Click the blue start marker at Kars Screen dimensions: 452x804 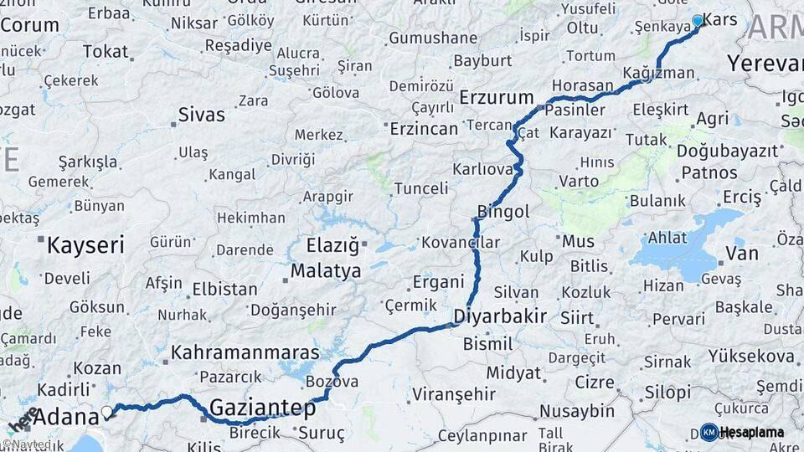(x=698, y=21)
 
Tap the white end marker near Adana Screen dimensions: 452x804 (x=107, y=412)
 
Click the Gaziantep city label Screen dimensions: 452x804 (x=262, y=408)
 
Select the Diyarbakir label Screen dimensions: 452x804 (x=500, y=316)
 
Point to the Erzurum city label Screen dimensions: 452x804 (x=497, y=97)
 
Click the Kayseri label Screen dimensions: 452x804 (x=85, y=245)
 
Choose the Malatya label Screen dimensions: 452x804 (x=326, y=270)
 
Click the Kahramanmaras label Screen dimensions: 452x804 (x=246, y=353)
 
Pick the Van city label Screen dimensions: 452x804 (x=741, y=252)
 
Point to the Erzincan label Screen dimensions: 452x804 (x=425, y=128)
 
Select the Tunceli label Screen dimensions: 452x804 (x=420, y=188)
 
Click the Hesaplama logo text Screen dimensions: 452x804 (x=752, y=433)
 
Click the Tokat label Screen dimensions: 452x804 (x=105, y=52)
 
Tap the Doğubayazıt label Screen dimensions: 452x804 (x=715, y=152)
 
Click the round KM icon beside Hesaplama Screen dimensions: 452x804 (x=709, y=433)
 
